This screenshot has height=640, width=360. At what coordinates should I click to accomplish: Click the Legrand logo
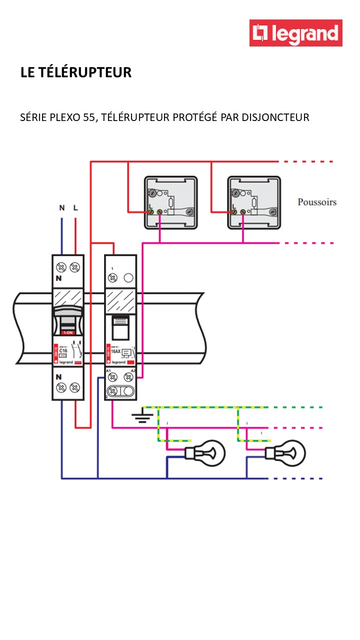[x=296, y=33]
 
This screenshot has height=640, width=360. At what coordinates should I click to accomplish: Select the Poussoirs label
[x=317, y=202]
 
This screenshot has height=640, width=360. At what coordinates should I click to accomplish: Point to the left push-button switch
[x=170, y=202]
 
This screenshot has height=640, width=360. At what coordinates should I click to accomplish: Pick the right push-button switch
[x=253, y=202]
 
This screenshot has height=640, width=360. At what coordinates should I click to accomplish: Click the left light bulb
[x=206, y=453]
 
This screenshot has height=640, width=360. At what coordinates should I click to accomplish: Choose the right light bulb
[x=286, y=453]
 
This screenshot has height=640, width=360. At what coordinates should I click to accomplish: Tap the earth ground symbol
[x=142, y=417]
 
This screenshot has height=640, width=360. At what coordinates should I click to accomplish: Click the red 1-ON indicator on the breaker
[x=67, y=332]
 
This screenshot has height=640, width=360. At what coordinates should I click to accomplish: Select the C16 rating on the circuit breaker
[x=63, y=351]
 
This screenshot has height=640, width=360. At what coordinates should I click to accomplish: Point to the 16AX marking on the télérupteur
[x=115, y=351]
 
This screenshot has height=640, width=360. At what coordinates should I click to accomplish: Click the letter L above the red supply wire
[x=75, y=207]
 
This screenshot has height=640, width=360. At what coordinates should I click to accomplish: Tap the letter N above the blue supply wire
[x=62, y=207]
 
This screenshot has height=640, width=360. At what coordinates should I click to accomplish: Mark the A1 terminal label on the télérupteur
[x=108, y=370]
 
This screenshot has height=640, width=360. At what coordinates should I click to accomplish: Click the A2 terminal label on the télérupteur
[x=132, y=370]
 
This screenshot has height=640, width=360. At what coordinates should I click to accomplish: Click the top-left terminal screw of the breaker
[x=62, y=267]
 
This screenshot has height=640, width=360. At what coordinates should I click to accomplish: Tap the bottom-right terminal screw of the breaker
[x=75, y=387]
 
